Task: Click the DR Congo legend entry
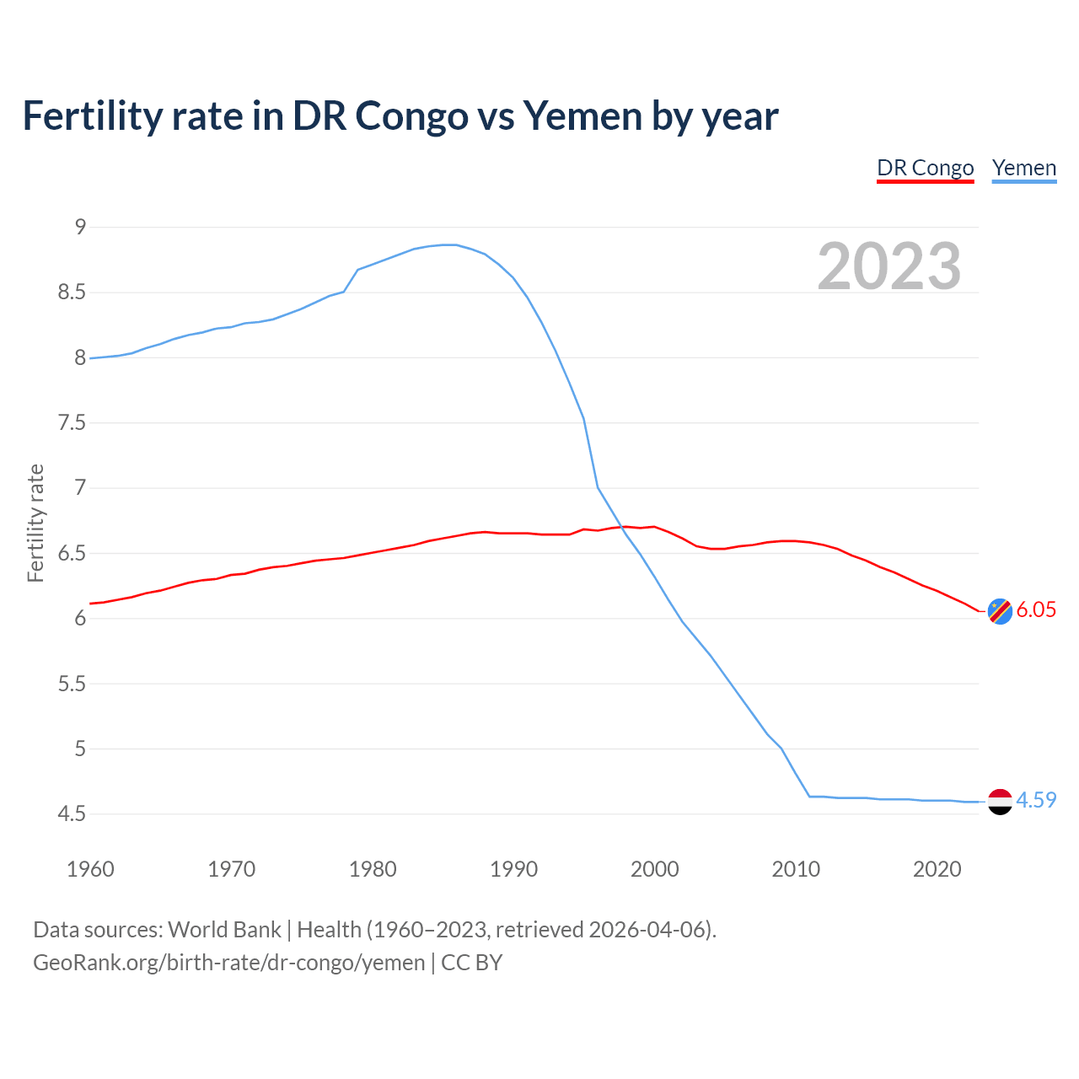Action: tap(925, 168)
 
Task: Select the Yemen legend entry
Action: tap(1023, 168)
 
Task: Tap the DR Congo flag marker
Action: tap(1000, 611)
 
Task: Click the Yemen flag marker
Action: tap(1000, 802)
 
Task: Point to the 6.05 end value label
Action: tap(1036, 610)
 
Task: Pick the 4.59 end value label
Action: tap(1036, 801)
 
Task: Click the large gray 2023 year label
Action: tap(888, 266)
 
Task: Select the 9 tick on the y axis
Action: tap(80, 227)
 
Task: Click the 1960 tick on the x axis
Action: tap(90, 869)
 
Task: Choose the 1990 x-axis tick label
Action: tap(513, 869)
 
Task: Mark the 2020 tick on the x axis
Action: tap(937, 869)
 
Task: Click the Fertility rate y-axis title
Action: tap(35, 523)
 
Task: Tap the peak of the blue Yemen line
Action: tap(449, 244)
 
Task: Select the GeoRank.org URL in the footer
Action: tap(228, 963)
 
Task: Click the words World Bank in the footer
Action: tap(224, 930)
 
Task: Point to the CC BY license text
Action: tap(472, 963)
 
